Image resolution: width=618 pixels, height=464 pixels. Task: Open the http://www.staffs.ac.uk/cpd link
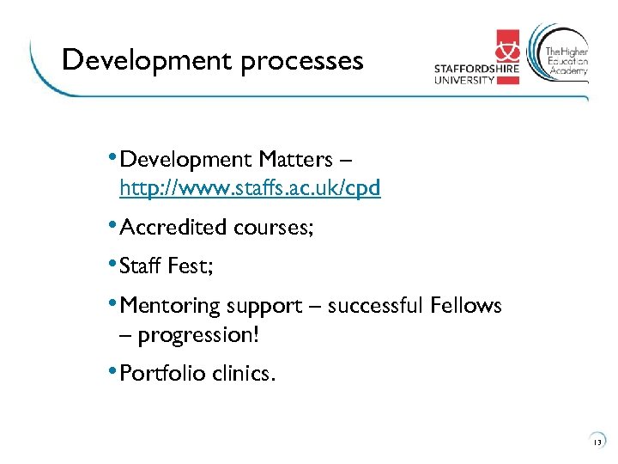click(250, 187)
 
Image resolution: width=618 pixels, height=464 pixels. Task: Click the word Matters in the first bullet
click(293, 160)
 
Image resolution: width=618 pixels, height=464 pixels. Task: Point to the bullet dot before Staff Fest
click(114, 264)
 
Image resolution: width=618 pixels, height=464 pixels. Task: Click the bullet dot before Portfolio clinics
click(114, 371)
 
